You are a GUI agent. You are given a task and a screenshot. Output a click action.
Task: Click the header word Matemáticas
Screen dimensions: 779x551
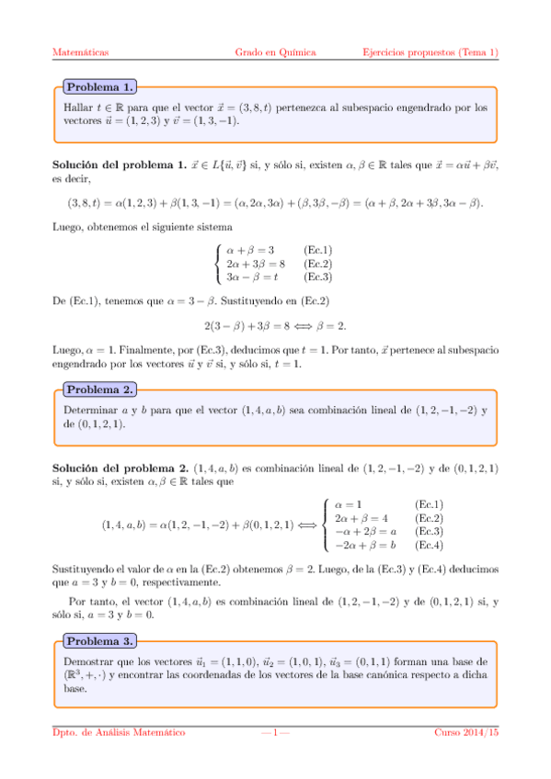[x=81, y=52]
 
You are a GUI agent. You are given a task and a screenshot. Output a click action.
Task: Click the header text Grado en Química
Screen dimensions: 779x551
[x=276, y=52]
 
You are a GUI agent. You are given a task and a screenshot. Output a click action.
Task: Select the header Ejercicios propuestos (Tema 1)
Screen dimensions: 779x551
[x=430, y=52]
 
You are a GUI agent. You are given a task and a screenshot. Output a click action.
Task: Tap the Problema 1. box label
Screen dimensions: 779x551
[x=99, y=87]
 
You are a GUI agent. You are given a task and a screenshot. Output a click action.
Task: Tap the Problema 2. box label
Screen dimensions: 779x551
[x=99, y=389]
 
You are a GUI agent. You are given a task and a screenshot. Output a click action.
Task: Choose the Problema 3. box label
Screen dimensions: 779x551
[x=99, y=640]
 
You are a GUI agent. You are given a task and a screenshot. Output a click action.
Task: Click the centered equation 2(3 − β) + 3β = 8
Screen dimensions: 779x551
[x=275, y=325]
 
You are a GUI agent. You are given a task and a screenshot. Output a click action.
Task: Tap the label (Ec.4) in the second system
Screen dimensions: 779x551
[x=430, y=544]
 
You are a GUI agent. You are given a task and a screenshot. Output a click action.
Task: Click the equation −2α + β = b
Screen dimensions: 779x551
[x=365, y=544]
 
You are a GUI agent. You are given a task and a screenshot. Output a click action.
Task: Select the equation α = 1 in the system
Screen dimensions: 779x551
[x=349, y=504]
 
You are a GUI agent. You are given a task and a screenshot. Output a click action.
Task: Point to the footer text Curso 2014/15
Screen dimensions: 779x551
[x=466, y=732]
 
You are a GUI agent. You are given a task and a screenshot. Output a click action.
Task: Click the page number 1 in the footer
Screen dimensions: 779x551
[x=275, y=732]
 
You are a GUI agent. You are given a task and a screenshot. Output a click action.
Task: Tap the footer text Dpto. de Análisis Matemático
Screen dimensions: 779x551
[x=118, y=732]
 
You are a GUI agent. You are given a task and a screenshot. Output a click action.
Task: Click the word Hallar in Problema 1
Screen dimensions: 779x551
[x=78, y=107]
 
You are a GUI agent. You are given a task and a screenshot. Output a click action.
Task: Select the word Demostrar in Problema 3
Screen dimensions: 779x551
[x=87, y=661]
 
